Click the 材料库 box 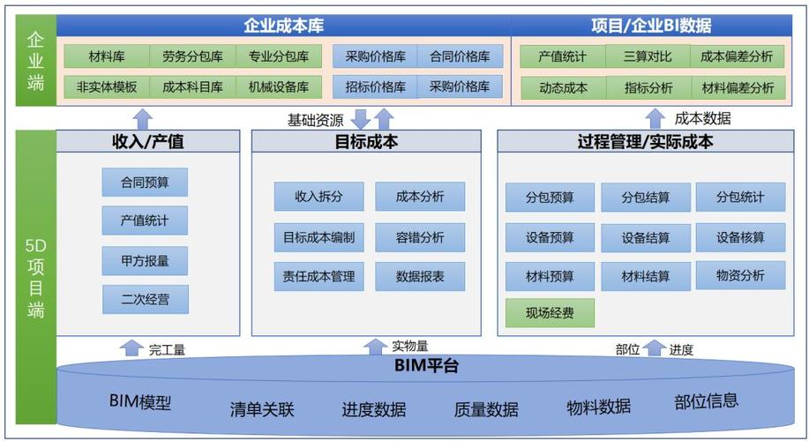107,57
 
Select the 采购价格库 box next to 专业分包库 376,57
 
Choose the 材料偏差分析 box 738,88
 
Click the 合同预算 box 145,183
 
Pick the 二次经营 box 145,300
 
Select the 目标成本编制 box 318,237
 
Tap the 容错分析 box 420,237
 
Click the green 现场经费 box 550,313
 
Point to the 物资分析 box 740,275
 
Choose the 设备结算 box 645,237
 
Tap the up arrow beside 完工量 131,348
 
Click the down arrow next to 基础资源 360,118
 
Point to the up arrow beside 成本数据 655,118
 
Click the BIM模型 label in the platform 140,402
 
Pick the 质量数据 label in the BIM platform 486,409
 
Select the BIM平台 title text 426,365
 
